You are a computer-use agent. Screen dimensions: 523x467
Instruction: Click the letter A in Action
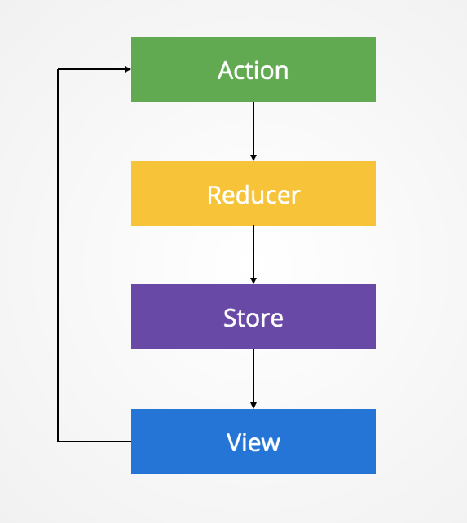click(226, 70)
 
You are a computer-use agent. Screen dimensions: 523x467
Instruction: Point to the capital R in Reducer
click(214, 195)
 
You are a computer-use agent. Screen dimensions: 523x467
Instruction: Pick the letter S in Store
click(230, 318)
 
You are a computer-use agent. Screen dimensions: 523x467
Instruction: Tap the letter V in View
click(234, 442)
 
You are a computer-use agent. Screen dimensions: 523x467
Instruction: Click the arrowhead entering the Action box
click(127, 69)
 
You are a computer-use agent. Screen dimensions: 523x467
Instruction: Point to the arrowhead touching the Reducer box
click(253, 157)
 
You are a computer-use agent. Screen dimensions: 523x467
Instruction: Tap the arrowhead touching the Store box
click(253, 281)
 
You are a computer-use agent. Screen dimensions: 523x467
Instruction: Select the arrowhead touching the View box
click(253, 405)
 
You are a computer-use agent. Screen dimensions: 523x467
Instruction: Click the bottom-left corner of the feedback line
click(58, 442)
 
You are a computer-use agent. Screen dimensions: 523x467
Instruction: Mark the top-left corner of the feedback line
click(58, 69)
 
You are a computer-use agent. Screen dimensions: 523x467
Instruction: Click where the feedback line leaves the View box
click(130, 442)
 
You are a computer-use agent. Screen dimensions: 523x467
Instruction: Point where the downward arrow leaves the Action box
click(253, 103)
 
